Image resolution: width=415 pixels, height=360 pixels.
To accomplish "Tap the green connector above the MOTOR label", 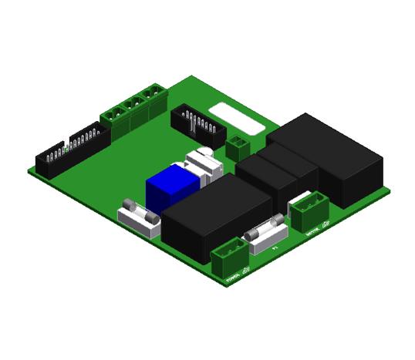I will click(310, 208).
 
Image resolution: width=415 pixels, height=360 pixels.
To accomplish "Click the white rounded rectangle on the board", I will click(234, 116).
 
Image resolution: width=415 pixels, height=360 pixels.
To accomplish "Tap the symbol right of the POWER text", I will click(246, 270).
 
